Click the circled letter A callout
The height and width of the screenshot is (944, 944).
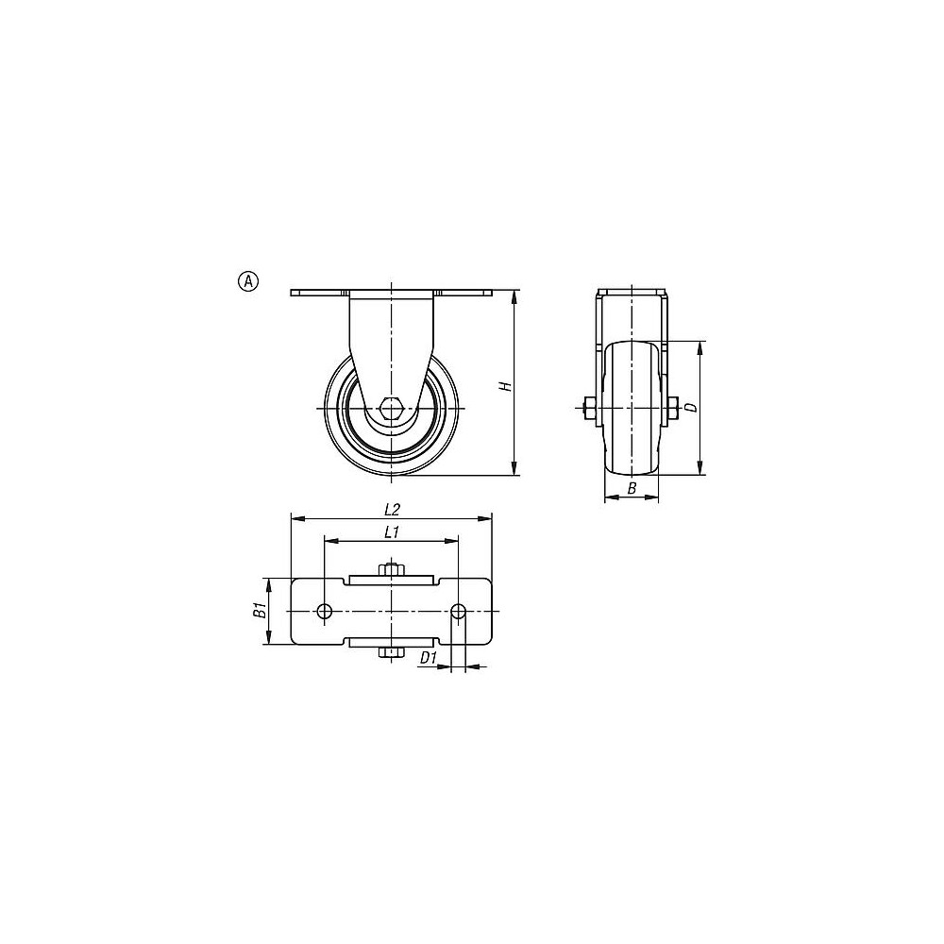248,281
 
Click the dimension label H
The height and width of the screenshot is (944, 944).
507,386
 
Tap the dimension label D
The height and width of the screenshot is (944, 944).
692,408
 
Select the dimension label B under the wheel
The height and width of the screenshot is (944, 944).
632,489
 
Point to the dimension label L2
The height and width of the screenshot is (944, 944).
392,510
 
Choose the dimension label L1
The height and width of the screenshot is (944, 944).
392,532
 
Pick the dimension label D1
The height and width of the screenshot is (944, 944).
428,658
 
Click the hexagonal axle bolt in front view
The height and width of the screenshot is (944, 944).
392,409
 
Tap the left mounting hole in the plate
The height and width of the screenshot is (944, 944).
325,612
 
